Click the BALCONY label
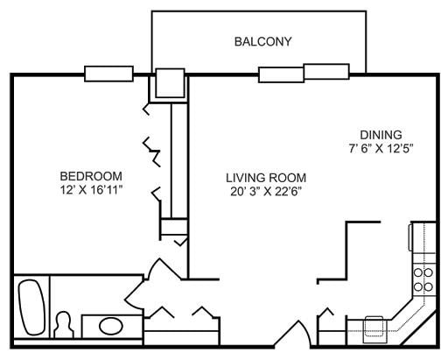click(x=262, y=41)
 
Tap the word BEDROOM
click(x=91, y=176)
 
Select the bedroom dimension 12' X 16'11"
click(x=91, y=190)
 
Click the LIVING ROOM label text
click(x=266, y=178)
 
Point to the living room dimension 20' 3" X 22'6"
click(x=266, y=192)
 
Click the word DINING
click(x=381, y=135)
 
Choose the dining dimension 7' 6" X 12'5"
click(x=381, y=149)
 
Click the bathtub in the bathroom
click(x=31, y=307)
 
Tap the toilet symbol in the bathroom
click(x=64, y=325)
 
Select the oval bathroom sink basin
click(x=111, y=326)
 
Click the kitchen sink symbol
click(x=374, y=329)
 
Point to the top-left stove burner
click(x=418, y=272)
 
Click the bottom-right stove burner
click(x=428, y=287)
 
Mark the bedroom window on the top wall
click(x=108, y=74)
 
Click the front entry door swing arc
click(x=305, y=332)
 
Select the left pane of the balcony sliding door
click(x=281, y=74)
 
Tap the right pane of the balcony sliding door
click(x=326, y=72)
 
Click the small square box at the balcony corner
click(x=170, y=83)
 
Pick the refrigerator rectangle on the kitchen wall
click(x=410, y=237)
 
